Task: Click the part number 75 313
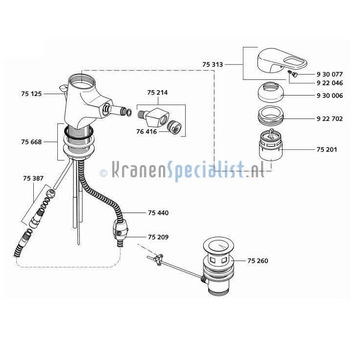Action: pos(213,65)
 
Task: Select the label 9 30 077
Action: pos(330,74)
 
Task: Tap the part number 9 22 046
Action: pos(330,83)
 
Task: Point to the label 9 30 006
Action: pos(330,96)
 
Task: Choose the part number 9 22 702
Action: pos(330,119)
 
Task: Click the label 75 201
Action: pos(327,150)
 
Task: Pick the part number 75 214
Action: pos(158,93)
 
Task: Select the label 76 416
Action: pos(146,132)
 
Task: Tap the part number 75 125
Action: pos(31,94)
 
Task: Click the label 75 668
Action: pos(31,142)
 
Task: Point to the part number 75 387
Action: pos(33,178)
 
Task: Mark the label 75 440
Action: pos(158,213)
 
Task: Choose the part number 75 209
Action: pos(158,237)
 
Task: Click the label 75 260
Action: pos(258,261)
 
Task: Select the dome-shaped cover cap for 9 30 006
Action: pos(270,92)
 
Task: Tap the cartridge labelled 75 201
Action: pos(270,144)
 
